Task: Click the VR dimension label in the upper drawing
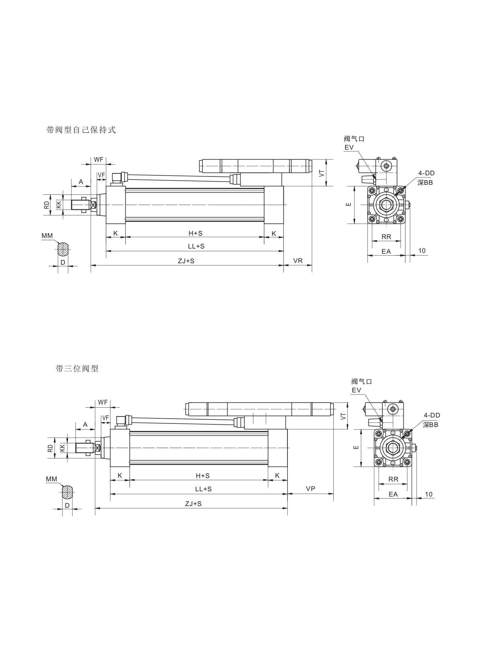coord(298,261)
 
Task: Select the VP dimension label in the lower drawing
coord(310,488)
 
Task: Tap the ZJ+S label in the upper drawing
coord(186,261)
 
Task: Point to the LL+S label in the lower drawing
coord(203,489)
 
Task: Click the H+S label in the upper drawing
coord(196,233)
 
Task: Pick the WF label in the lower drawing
coord(102,402)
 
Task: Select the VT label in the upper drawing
coord(322,173)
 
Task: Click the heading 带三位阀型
coord(77,369)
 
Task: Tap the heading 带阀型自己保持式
coord(81,130)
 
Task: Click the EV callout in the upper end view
coord(349,147)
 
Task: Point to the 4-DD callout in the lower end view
coord(432,415)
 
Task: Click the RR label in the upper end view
coord(386,237)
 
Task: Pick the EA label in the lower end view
coord(393,494)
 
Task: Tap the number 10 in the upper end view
coord(422,251)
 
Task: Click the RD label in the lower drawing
coord(50,448)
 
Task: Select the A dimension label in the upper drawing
coord(81,182)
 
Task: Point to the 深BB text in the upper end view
coord(425,183)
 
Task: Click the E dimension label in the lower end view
coord(356,447)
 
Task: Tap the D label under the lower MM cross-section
coord(67,505)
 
